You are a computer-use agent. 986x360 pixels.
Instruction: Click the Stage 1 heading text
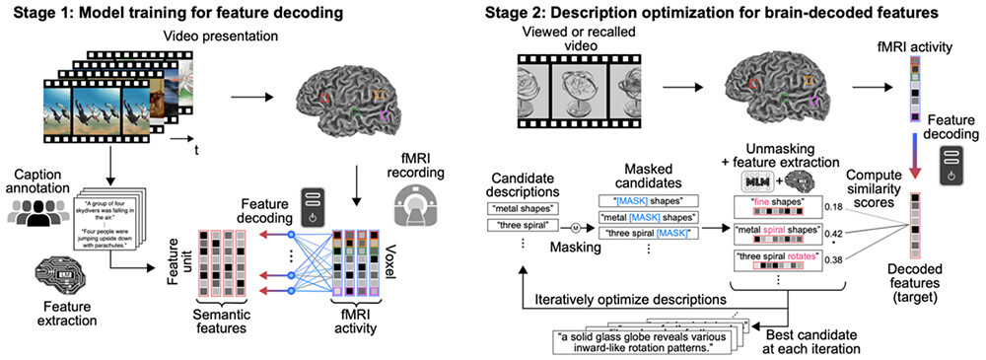tap(167, 12)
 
